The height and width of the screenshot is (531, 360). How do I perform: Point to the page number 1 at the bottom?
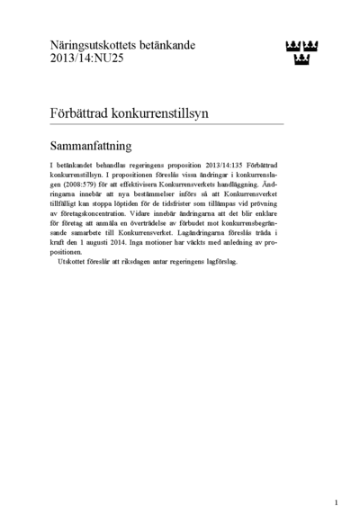click(x=335, y=502)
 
